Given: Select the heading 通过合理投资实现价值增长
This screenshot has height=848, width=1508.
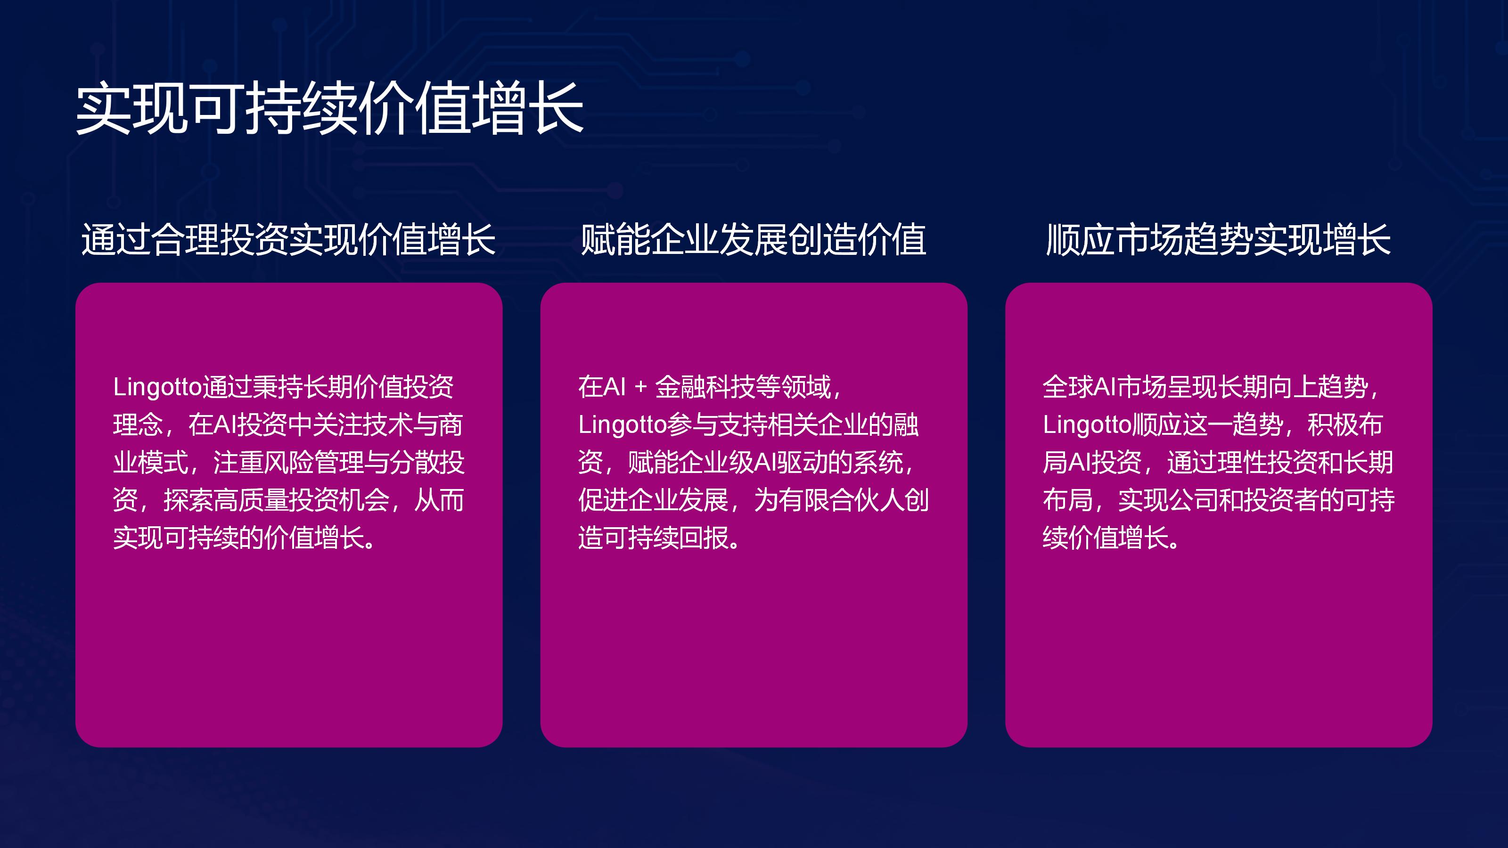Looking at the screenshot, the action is pyautogui.click(x=288, y=240).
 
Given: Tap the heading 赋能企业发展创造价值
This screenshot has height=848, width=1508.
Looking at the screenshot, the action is pyautogui.click(x=754, y=240).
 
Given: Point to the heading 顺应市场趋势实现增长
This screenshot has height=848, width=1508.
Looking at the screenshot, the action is pyautogui.click(x=1218, y=240).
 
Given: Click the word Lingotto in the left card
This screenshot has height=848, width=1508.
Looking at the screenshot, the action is pyautogui.click(x=157, y=387).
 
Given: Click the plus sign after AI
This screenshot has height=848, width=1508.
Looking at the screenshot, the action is pyautogui.click(x=640, y=387).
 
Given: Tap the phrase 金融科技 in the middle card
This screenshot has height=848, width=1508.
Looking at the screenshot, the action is pyautogui.click(x=705, y=387).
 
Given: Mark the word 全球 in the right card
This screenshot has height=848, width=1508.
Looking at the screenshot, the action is pyautogui.click(x=1068, y=387).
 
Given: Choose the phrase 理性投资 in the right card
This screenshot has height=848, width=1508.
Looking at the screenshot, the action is pyautogui.click(x=1267, y=462).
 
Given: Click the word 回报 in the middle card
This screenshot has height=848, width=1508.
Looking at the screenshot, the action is pyautogui.click(x=704, y=538).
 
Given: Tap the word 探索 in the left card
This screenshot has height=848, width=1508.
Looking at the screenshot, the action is pyautogui.click(x=188, y=500).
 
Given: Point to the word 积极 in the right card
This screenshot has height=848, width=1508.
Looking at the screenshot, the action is pyautogui.click(x=1332, y=425).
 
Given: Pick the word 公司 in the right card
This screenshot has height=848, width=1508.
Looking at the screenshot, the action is pyautogui.click(x=1194, y=500).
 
